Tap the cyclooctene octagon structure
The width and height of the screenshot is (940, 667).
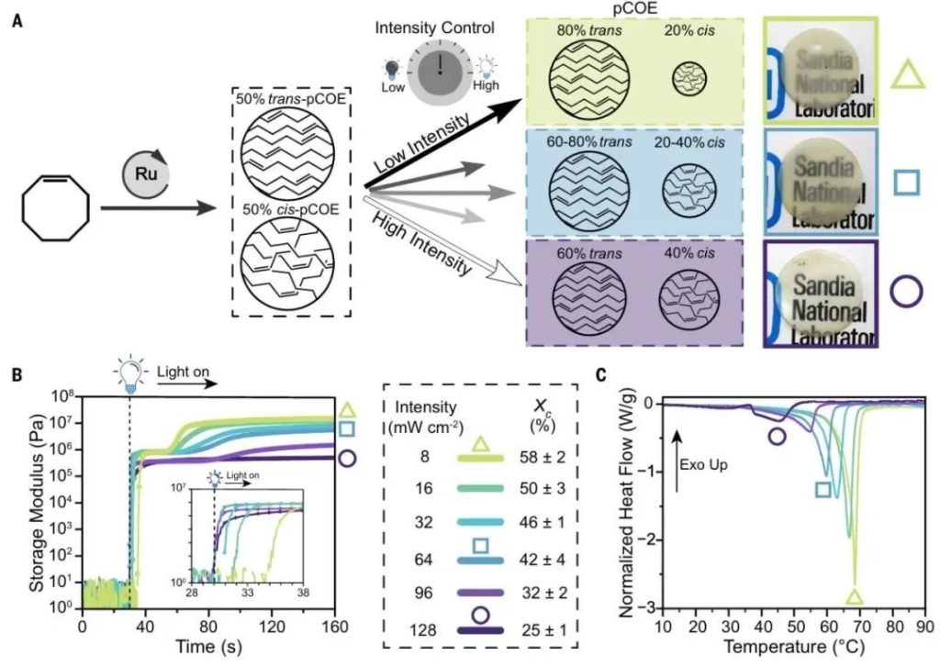point(57,210)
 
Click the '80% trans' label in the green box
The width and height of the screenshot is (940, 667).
point(588,31)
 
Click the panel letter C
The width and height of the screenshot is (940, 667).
point(601,374)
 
